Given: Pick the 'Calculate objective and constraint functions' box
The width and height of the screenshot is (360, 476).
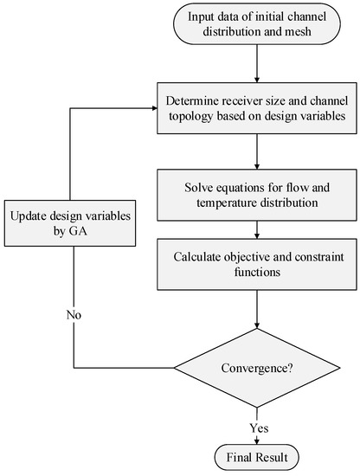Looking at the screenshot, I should (x=253, y=265).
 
